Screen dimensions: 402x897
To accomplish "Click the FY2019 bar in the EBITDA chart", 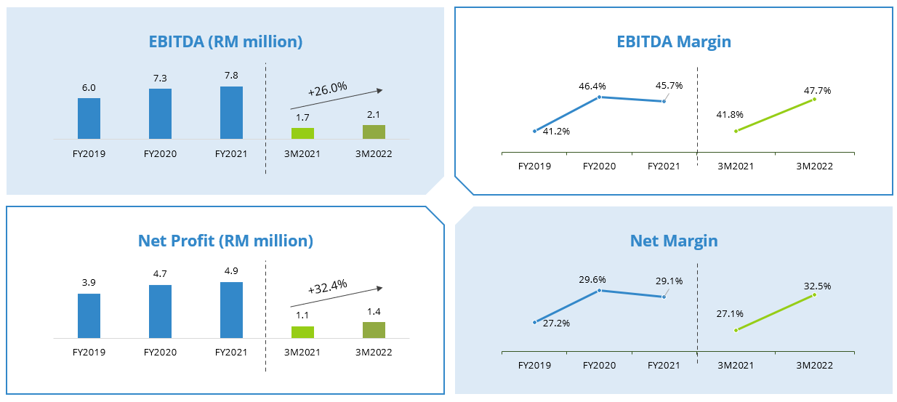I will pyautogui.click(x=89, y=118).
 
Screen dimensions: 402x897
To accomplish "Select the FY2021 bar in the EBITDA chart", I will pyautogui.click(x=231, y=113).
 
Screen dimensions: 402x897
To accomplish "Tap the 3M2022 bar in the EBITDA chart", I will pyautogui.click(x=374, y=132).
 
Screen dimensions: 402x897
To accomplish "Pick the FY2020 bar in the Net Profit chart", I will pyautogui.click(x=160, y=311).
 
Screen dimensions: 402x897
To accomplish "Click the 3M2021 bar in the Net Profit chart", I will pyautogui.click(x=302, y=332).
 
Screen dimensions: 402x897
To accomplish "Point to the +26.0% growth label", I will pyautogui.click(x=327, y=89).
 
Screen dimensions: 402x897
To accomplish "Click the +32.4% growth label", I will pyautogui.click(x=327, y=286).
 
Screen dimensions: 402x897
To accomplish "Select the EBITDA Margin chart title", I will pyautogui.click(x=673, y=41).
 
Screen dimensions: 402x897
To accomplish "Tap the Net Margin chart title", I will pyautogui.click(x=673, y=241).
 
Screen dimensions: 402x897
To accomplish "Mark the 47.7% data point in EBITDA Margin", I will pyautogui.click(x=814, y=99).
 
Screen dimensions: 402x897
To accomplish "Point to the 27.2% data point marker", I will pyautogui.click(x=535, y=322).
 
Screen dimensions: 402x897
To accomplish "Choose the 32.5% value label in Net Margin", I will pyautogui.click(x=817, y=286).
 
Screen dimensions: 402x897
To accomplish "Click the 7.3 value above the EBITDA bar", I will pyautogui.click(x=160, y=78).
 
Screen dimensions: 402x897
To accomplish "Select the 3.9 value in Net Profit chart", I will pyautogui.click(x=89, y=283).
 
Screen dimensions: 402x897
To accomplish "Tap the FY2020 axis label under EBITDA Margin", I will pyautogui.click(x=599, y=166).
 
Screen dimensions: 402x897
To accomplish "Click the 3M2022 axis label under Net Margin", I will pyautogui.click(x=814, y=365).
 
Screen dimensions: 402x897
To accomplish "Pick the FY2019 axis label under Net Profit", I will pyautogui.click(x=89, y=353).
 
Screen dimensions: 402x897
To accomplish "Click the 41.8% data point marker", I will pyautogui.click(x=736, y=131).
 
